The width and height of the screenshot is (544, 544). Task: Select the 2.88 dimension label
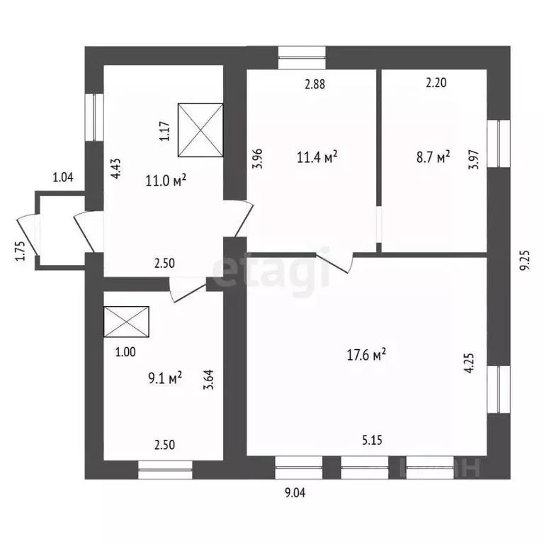pyautogui.click(x=314, y=84)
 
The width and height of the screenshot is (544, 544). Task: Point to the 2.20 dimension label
pyautogui.click(x=436, y=84)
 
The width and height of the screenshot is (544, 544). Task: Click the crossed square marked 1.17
pyautogui.click(x=200, y=130)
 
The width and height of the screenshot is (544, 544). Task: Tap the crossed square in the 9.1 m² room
pyautogui.click(x=126, y=322)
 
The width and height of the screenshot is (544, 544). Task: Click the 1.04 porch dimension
pyautogui.click(x=63, y=178)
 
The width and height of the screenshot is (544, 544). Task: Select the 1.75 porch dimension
pyautogui.click(x=20, y=252)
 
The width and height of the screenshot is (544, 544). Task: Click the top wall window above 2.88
pyautogui.click(x=302, y=57)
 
